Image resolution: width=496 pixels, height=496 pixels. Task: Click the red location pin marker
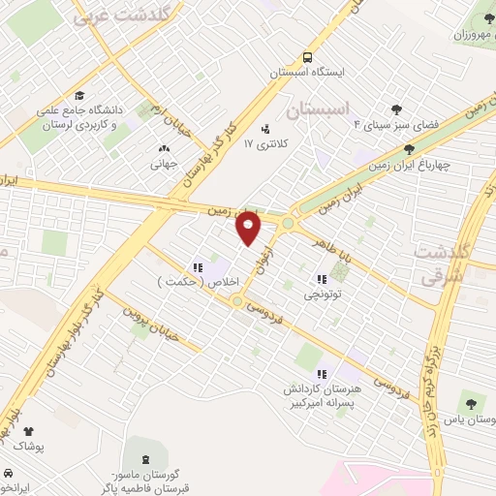tap(249, 227)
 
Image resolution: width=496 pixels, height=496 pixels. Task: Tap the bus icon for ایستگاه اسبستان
tap(307, 56)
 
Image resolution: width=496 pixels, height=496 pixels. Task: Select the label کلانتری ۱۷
tap(262, 144)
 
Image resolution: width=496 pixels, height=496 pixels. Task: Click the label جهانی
tap(160, 165)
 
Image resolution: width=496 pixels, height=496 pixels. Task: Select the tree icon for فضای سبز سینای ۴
tap(395, 109)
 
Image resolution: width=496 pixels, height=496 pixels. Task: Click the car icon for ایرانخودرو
tap(8, 474)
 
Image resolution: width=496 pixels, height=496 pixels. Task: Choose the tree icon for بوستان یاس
tap(470, 400)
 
